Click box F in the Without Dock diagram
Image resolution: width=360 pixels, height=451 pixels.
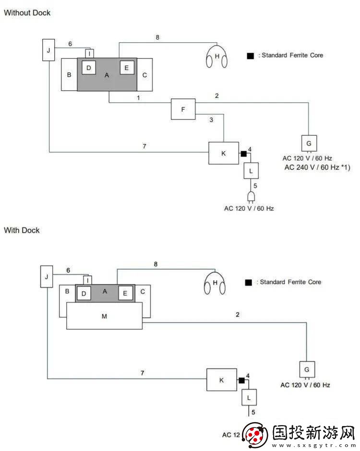(183, 109)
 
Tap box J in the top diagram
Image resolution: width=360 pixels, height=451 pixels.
(48, 50)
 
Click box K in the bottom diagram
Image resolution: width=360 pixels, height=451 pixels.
(221, 380)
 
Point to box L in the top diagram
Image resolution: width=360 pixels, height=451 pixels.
(250, 170)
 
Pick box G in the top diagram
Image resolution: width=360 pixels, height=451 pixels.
(309, 143)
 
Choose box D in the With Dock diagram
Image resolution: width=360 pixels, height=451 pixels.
(84, 293)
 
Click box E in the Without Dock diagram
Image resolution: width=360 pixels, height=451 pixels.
(126, 68)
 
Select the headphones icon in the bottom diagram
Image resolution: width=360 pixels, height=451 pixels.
(215, 284)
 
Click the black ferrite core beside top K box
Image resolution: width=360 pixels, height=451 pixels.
(243, 154)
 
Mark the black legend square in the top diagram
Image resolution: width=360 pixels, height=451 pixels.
(250, 56)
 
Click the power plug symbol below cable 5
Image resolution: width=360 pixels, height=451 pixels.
(250, 197)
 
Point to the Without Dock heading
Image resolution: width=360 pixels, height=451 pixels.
(27, 13)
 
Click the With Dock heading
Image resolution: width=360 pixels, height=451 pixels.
(22, 230)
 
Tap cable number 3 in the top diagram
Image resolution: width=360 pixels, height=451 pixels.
(211, 119)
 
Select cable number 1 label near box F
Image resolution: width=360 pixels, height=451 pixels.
(138, 98)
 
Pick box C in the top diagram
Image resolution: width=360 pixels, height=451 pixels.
(144, 75)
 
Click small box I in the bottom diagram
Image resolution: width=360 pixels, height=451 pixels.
(87, 280)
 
